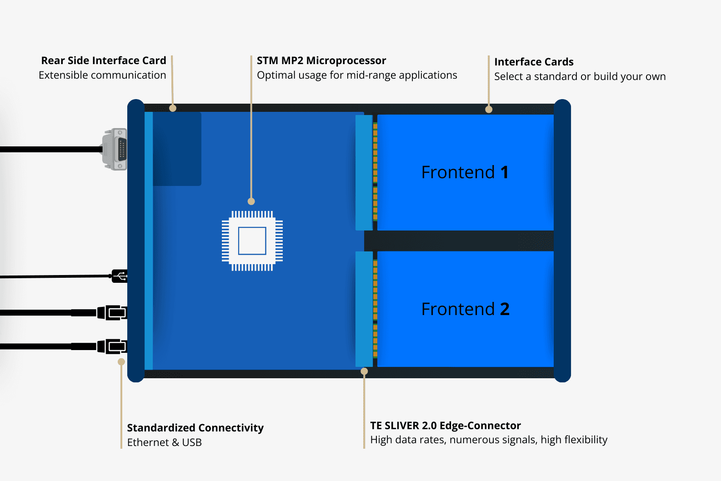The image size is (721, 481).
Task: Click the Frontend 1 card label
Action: tap(465, 172)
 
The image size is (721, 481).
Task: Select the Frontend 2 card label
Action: tap(465, 309)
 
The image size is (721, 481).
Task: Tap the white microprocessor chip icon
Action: tap(252, 241)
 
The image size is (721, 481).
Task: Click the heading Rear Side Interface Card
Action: tap(104, 61)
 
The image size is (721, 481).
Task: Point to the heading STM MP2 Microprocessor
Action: tap(321, 61)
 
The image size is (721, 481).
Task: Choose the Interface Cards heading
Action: tap(534, 62)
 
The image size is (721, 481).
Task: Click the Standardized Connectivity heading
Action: tap(195, 428)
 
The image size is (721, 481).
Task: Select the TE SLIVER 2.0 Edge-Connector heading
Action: tap(446, 426)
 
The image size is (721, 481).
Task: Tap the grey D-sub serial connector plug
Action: tap(115, 149)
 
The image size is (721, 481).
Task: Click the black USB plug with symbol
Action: tap(120, 276)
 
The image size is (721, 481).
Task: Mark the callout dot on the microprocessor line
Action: tap(251, 201)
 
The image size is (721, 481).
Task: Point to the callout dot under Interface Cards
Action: tap(489, 110)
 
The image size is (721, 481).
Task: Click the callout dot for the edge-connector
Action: tap(364, 371)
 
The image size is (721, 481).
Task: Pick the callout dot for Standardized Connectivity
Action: tap(121, 362)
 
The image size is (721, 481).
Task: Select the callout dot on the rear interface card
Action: tap(173, 108)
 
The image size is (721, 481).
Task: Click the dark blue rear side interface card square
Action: tap(177, 149)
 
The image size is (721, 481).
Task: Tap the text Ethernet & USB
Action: tap(164, 442)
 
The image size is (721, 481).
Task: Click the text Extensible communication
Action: tap(102, 75)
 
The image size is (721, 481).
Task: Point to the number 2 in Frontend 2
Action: tap(505, 309)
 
